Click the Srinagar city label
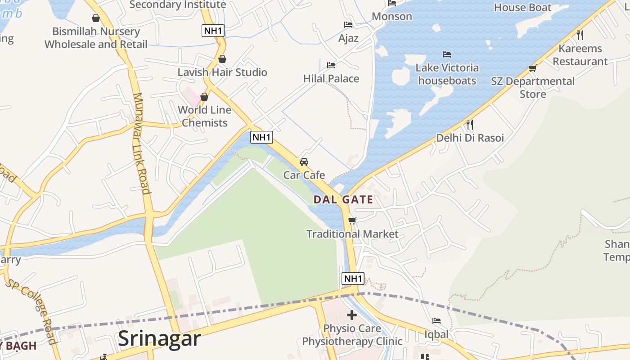pyautogui.click(x=159, y=338)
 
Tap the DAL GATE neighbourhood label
pyautogui.click(x=343, y=200)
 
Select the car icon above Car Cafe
pyautogui.click(x=304, y=162)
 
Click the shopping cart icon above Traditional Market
pyautogui.click(x=352, y=220)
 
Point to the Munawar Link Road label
pyautogui.click(x=141, y=143)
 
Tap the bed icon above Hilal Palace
pyautogui.click(x=331, y=65)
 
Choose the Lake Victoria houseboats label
pyautogui.click(x=447, y=74)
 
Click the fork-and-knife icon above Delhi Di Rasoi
pyautogui.click(x=470, y=124)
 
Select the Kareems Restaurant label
pyautogui.click(x=580, y=55)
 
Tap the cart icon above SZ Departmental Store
pyautogui.click(x=533, y=68)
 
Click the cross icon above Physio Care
pyautogui.click(x=352, y=315)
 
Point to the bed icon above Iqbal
pyautogui.click(x=436, y=321)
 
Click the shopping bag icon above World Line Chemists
pyautogui.click(x=204, y=97)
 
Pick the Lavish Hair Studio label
pyautogui.click(x=222, y=72)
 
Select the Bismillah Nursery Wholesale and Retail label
pyautogui.click(x=96, y=38)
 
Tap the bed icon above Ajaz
pyautogui.click(x=348, y=25)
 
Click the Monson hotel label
pyautogui.click(x=392, y=17)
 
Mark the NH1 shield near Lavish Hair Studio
pyautogui.click(x=213, y=31)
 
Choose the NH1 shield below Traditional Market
pyautogui.click(x=353, y=279)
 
